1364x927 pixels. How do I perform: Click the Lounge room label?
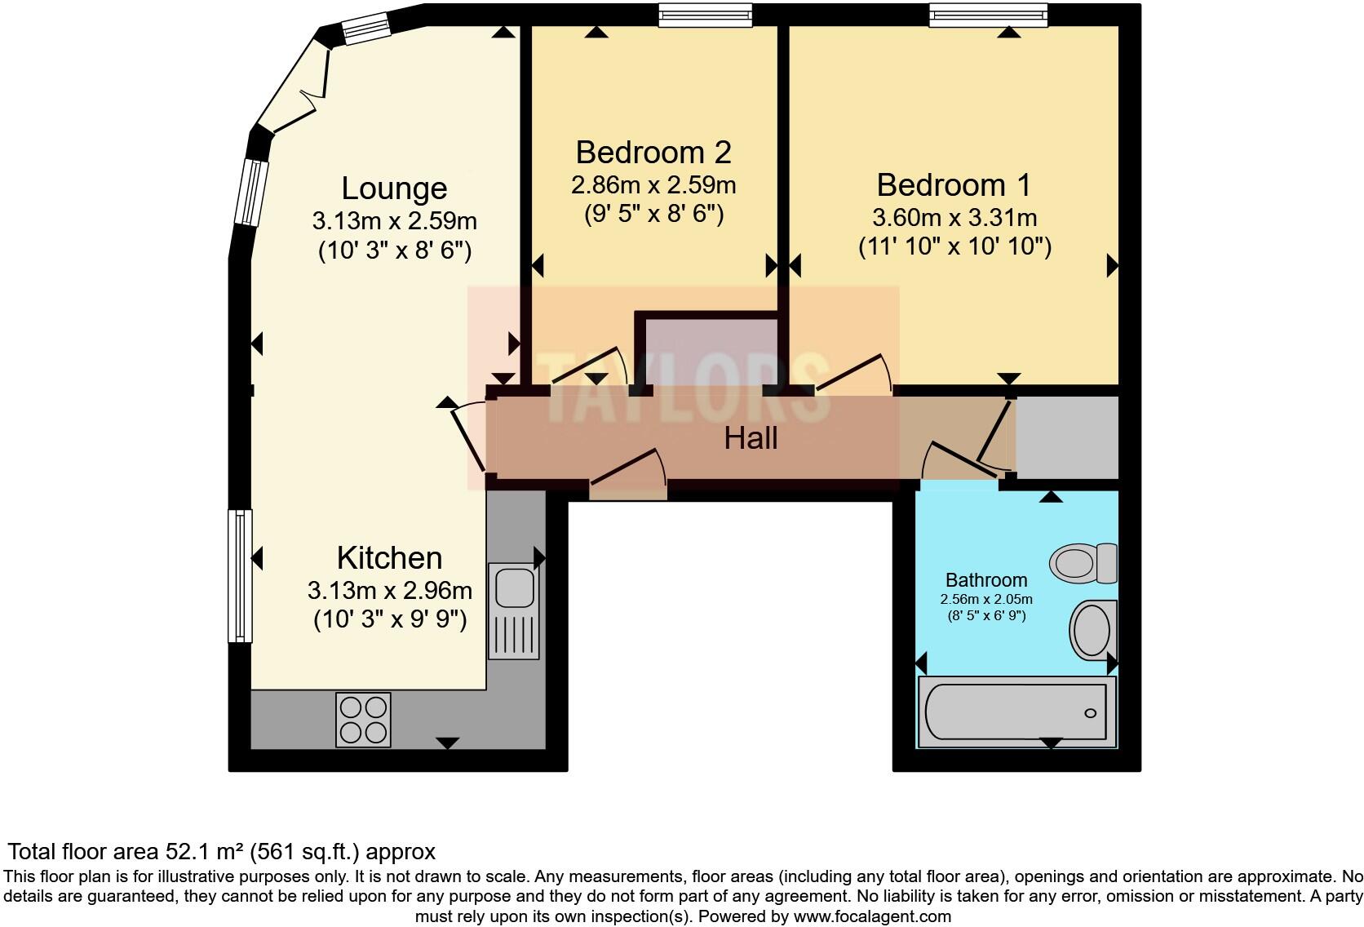(x=394, y=189)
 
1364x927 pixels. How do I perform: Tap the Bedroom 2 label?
(x=653, y=153)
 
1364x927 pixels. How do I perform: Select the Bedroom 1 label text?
(x=954, y=185)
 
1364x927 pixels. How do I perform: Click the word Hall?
(x=751, y=439)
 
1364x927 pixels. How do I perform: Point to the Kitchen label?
(x=389, y=558)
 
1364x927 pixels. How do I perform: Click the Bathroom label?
(x=985, y=580)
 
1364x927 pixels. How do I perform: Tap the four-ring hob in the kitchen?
(x=363, y=719)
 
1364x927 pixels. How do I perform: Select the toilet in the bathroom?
(x=1083, y=563)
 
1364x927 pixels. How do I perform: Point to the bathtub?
(x=1016, y=712)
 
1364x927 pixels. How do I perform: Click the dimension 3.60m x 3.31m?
(x=954, y=218)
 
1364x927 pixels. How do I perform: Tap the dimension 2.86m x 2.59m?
(x=653, y=185)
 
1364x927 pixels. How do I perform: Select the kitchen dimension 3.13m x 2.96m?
(x=389, y=590)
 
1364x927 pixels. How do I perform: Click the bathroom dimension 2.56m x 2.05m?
(x=985, y=599)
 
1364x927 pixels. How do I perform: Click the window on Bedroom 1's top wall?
(x=987, y=15)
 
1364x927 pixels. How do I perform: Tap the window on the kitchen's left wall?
(x=240, y=575)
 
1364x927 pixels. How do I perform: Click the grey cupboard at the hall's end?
(x=1066, y=438)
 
